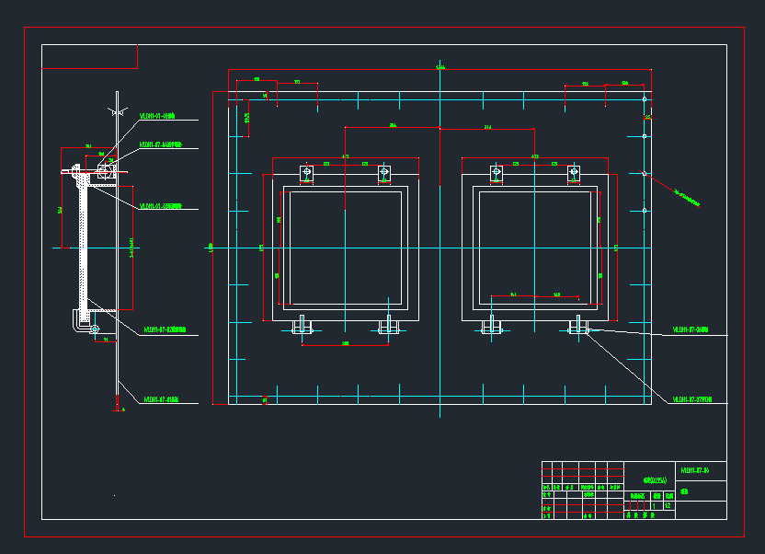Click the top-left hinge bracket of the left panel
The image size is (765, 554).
pyautogui.click(x=307, y=172)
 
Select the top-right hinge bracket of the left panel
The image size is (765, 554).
pyautogui.click(x=384, y=172)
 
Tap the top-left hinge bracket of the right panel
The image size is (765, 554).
pyautogui.click(x=497, y=172)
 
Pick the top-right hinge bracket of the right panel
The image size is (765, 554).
pyautogui.click(x=574, y=172)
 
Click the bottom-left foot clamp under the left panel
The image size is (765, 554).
pyautogui.click(x=303, y=326)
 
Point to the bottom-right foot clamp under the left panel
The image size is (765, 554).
pyautogui.click(x=388, y=326)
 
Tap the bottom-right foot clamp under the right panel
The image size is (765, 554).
pyautogui.click(x=578, y=326)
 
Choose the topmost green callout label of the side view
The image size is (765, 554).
pyautogui.click(x=157, y=117)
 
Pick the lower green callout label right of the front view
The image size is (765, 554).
pyautogui.click(x=692, y=399)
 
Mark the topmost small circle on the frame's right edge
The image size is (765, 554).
pyautogui.click(x=645, y=98)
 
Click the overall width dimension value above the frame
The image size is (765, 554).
pyautogui.click(x=440, y=68)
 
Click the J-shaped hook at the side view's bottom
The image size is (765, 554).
pyautogui.click(x=77, y=322)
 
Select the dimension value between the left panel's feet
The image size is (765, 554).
pyautogui.click(x=345, y=343)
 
